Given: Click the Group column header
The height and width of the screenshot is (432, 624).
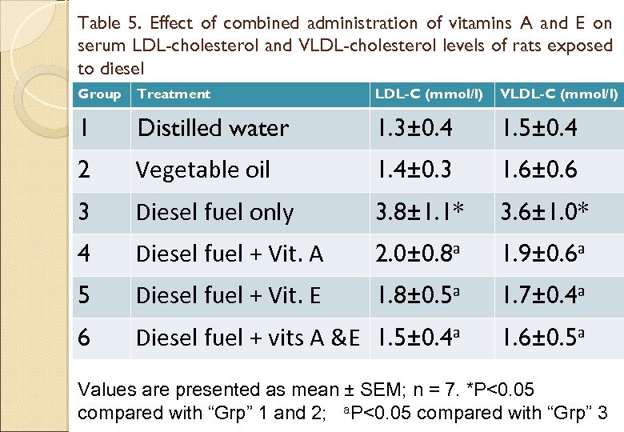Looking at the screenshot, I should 99,94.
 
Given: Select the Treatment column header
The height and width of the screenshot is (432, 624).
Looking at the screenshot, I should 174,94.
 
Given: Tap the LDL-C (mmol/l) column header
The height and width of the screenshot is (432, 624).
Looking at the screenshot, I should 429,94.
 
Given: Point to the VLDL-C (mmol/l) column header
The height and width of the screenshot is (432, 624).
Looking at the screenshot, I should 558,94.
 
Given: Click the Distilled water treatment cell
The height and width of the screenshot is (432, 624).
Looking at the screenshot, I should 213,128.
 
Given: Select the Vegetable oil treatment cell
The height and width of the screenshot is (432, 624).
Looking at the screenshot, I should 203,170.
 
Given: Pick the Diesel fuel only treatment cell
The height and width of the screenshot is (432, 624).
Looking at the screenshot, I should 214,212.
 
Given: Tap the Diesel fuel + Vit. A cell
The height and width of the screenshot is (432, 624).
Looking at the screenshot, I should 230,254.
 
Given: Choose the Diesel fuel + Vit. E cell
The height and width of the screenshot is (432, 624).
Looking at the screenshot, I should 228,296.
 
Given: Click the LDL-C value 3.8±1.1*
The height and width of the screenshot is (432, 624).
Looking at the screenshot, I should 422,212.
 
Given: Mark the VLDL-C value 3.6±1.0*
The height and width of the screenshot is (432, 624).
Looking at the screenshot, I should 546,212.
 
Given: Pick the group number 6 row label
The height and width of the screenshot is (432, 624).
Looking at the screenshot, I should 84,338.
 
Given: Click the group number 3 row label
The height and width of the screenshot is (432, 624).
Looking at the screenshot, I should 84,212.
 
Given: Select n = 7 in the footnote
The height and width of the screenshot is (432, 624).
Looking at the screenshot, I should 438,390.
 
